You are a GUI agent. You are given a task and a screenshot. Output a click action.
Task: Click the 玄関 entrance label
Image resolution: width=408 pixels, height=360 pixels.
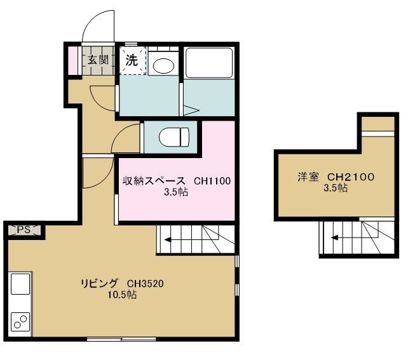(98, 61)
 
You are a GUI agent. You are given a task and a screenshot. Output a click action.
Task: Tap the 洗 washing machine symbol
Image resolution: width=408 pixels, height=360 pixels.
(131, 61)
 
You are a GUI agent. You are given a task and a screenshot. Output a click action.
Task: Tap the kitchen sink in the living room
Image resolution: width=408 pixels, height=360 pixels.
(19, 284)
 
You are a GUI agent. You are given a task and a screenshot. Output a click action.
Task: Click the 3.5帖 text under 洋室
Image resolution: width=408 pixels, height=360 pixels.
(335, 187)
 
